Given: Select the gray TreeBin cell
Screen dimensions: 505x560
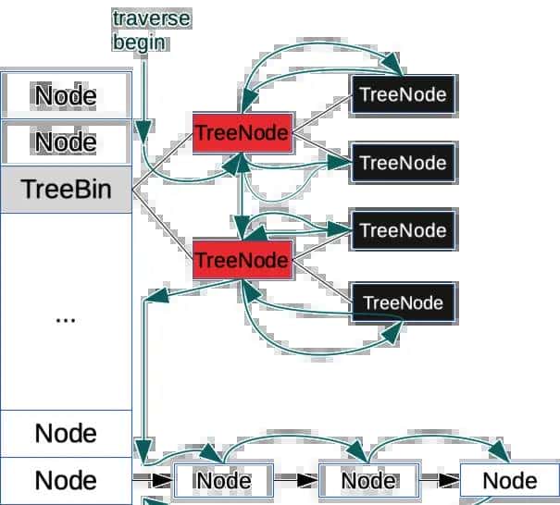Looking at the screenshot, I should pyautogui.click(x=67, y=190).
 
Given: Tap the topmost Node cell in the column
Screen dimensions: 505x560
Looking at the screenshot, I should pyautogui.click(x=66, y=95).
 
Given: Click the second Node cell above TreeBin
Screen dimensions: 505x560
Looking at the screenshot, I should pyautogui.click(x=66, y=142).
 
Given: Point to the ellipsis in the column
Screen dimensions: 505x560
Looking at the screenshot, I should pyautogui.click(x=66, y=317).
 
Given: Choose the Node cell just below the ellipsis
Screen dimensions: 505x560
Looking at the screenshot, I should pyautogui.click(x=66, y=433).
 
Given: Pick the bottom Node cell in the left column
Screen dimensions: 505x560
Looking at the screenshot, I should pyautogui.click(x=66, y=481).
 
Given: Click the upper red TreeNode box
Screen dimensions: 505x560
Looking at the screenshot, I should pyautogui.click(x=242, y=134).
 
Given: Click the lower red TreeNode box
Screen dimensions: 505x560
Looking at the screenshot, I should pyautogui.click(x=242, y=261).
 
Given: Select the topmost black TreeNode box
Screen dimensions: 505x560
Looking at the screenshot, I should pyautogui.click(x=403, y=94).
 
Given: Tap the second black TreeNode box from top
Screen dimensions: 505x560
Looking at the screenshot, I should pyautogui.click(x=403, y=164).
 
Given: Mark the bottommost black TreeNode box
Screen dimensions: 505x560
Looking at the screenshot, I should pyautogui.click(x=403, y=302).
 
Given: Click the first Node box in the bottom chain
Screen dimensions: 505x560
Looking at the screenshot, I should pyautogui.click(x=223, y=481).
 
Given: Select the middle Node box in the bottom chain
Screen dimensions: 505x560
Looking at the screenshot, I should pyautogui.click(x=368, y=481).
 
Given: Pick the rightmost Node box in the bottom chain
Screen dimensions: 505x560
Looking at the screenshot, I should pyautogui.click(x=509, y=481).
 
